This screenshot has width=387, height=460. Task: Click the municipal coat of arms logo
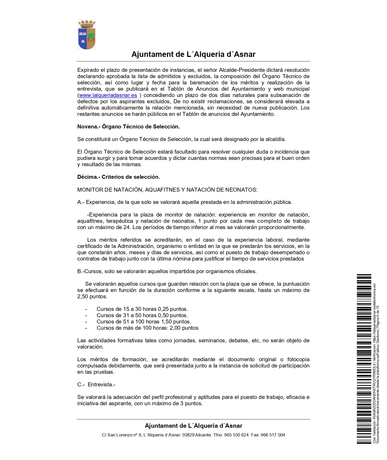(x=87, y=35)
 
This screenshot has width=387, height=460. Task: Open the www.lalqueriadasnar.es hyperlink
(x=108, y=95)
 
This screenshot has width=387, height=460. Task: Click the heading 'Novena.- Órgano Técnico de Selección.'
(x=128, y=127)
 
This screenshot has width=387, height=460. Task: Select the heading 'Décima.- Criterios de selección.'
(x=118, y=177)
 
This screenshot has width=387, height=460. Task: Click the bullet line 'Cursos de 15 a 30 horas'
(x=142, y=309)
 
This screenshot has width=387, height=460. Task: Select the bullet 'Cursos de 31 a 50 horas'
(x=142, y=315)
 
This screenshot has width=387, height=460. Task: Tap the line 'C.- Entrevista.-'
(x=96, y=385)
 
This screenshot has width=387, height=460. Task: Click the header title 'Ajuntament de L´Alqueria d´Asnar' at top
(x=193, y=54)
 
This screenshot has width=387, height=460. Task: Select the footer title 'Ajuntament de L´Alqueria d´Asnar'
(x=193, y=426)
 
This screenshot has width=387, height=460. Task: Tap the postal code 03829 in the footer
(x=188, y=435)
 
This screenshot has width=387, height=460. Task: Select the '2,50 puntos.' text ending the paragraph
(x=92, y=296)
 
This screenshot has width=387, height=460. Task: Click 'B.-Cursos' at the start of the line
(x=89, y=271)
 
